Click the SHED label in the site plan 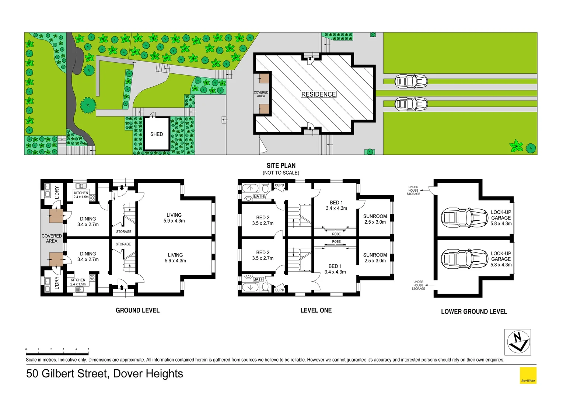point(156,134)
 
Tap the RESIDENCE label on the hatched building point(318,94)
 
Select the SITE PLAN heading point(281,165)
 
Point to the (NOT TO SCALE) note point(281,173)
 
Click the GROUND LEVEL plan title point(137,310)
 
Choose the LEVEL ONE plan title point(316,310)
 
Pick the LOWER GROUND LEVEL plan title point(474,311)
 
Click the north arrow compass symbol point(517,342)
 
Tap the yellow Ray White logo point(528,376)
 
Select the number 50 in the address point(32,374)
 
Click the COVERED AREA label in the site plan point(261,94)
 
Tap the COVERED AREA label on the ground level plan point(52,238)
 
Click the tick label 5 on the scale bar point(88,349)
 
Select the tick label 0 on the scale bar point(26,349)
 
